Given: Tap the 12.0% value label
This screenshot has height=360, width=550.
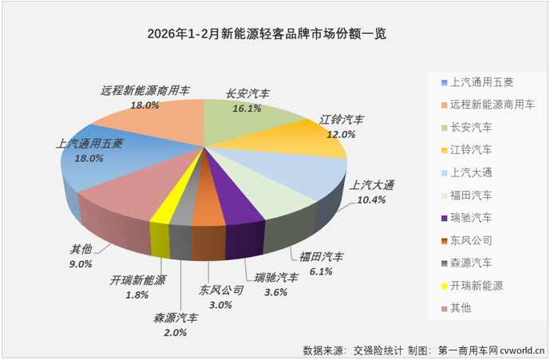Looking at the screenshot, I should click(341, 135).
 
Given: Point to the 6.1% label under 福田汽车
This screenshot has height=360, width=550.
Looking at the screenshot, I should click(320, 272).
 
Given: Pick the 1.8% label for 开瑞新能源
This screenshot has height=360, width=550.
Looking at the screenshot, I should click(137, 295).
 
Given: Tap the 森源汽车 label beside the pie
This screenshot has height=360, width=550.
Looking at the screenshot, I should click(176, 318).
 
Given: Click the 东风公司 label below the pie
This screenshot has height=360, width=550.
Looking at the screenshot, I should click(221, 290).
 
